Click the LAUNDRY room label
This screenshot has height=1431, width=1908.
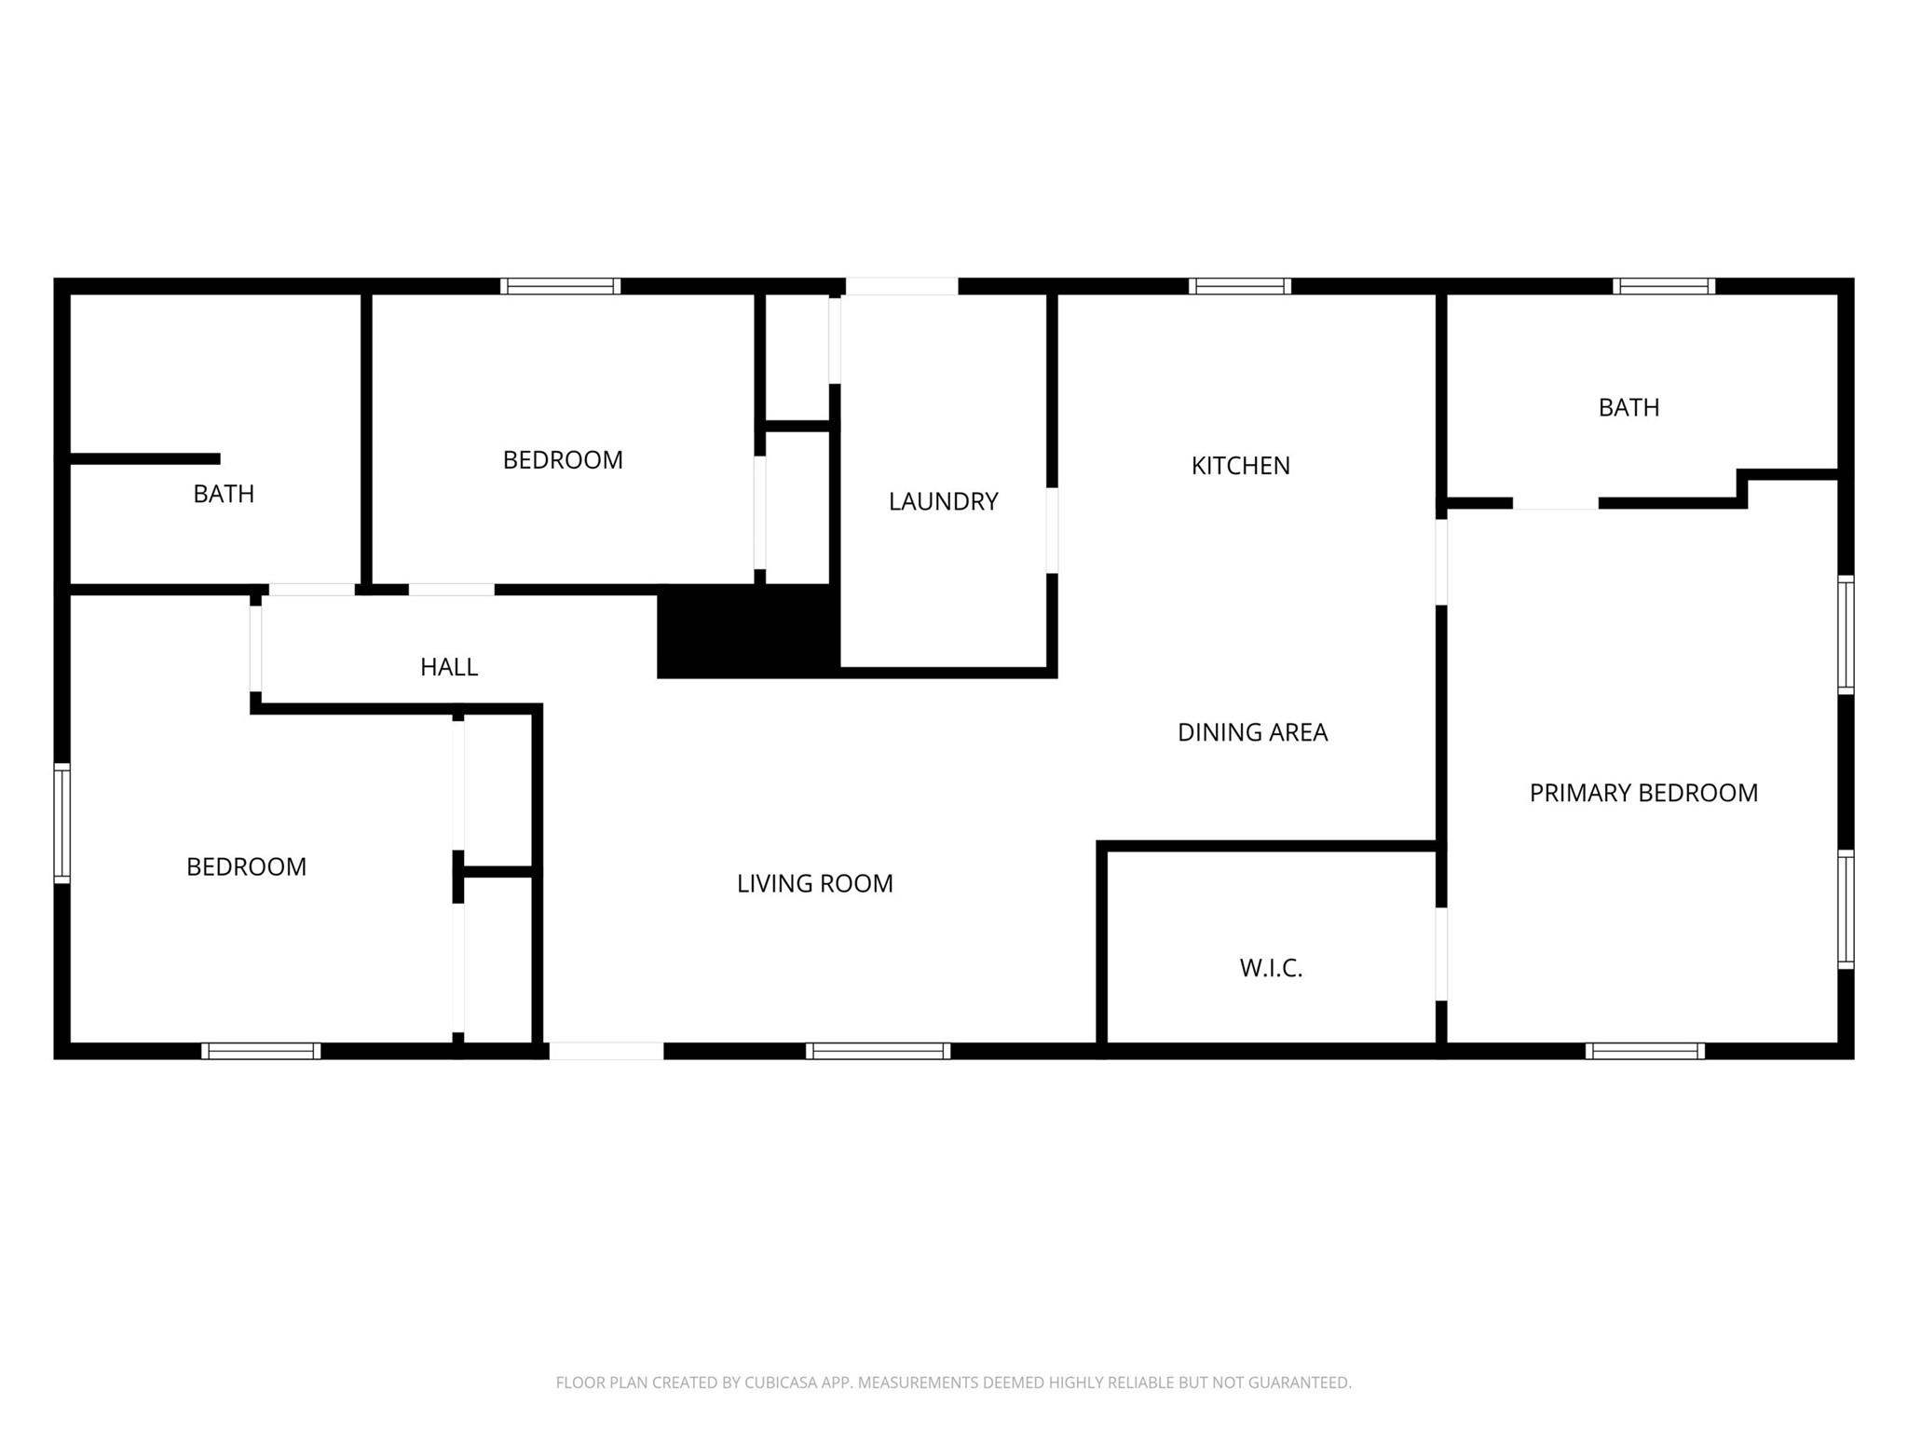pos(943,502)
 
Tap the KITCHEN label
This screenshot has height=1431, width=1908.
pos(1240,466)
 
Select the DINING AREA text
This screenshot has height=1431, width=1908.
pos(1252,732)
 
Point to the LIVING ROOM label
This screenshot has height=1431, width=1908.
pos(814,883)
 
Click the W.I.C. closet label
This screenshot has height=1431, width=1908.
pos(1271,968)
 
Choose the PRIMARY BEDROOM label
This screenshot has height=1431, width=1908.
pos(1643,793)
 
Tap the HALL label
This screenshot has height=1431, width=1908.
pos(449,667)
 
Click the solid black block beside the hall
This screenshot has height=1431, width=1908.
pos(749,632)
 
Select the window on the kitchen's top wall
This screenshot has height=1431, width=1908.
pos(1239,286)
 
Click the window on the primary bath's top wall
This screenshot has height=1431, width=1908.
pos(1664,286)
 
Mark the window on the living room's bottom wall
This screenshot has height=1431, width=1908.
pos(878,1051)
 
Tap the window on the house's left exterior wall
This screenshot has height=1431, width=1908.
pos(61,823)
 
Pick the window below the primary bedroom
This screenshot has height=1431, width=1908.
pos(1645,1051)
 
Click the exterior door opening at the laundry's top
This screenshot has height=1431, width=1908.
pos(902,286)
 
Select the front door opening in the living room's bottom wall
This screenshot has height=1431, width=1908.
pos(606,1051)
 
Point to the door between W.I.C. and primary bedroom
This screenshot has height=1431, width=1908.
pos(1441,954)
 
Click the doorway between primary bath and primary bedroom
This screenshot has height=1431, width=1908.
pos(1556,503)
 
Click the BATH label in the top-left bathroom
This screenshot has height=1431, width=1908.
pos(224,494)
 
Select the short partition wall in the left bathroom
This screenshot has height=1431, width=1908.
pos(145,458)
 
